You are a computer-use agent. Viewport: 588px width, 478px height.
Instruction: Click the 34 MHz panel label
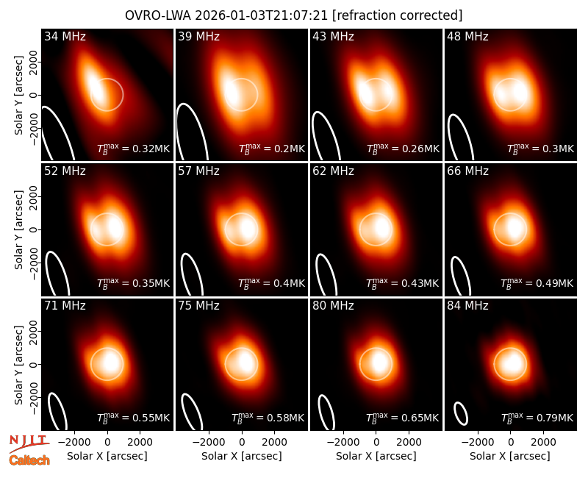click(x=65, y=36)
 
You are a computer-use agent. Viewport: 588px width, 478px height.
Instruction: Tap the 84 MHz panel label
click(x=467, y=306)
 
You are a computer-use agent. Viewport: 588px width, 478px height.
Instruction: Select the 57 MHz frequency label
click(x=198, y=171)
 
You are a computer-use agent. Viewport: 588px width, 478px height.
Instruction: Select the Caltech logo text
click(x=29, y=460)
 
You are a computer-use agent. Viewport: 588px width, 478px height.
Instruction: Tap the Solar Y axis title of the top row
click(x=18, y=96)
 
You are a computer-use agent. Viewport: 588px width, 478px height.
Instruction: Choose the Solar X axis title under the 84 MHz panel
click(x=510, y=456)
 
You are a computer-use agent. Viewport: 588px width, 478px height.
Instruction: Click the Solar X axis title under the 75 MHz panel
click(x=242, y=456)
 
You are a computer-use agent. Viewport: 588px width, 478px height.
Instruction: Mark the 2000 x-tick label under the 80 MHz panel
click(x=409, y=442)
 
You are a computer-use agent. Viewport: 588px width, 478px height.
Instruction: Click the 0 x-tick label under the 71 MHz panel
click(x=107, y=442)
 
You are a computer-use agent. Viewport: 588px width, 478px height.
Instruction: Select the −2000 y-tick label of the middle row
click(x=34, y=263)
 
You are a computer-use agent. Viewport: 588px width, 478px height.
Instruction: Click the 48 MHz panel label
click(x=467, y=36)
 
